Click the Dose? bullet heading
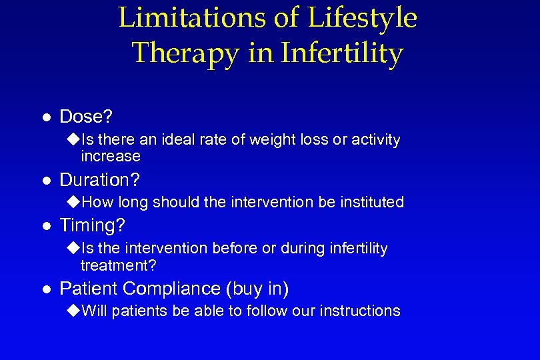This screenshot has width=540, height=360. click(86, 117)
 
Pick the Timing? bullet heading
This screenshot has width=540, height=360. click(92, 226)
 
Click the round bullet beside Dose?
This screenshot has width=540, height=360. click(46, 118)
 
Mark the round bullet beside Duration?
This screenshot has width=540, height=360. click(46, 181)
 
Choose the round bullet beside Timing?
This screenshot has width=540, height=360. click(46, 227)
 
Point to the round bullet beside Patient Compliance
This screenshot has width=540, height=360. click(46, 289)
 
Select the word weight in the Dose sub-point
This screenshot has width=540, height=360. click(267, 140)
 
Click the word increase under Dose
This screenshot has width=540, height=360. click(110, 157)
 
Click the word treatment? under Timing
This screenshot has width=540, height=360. click(118, 265)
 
